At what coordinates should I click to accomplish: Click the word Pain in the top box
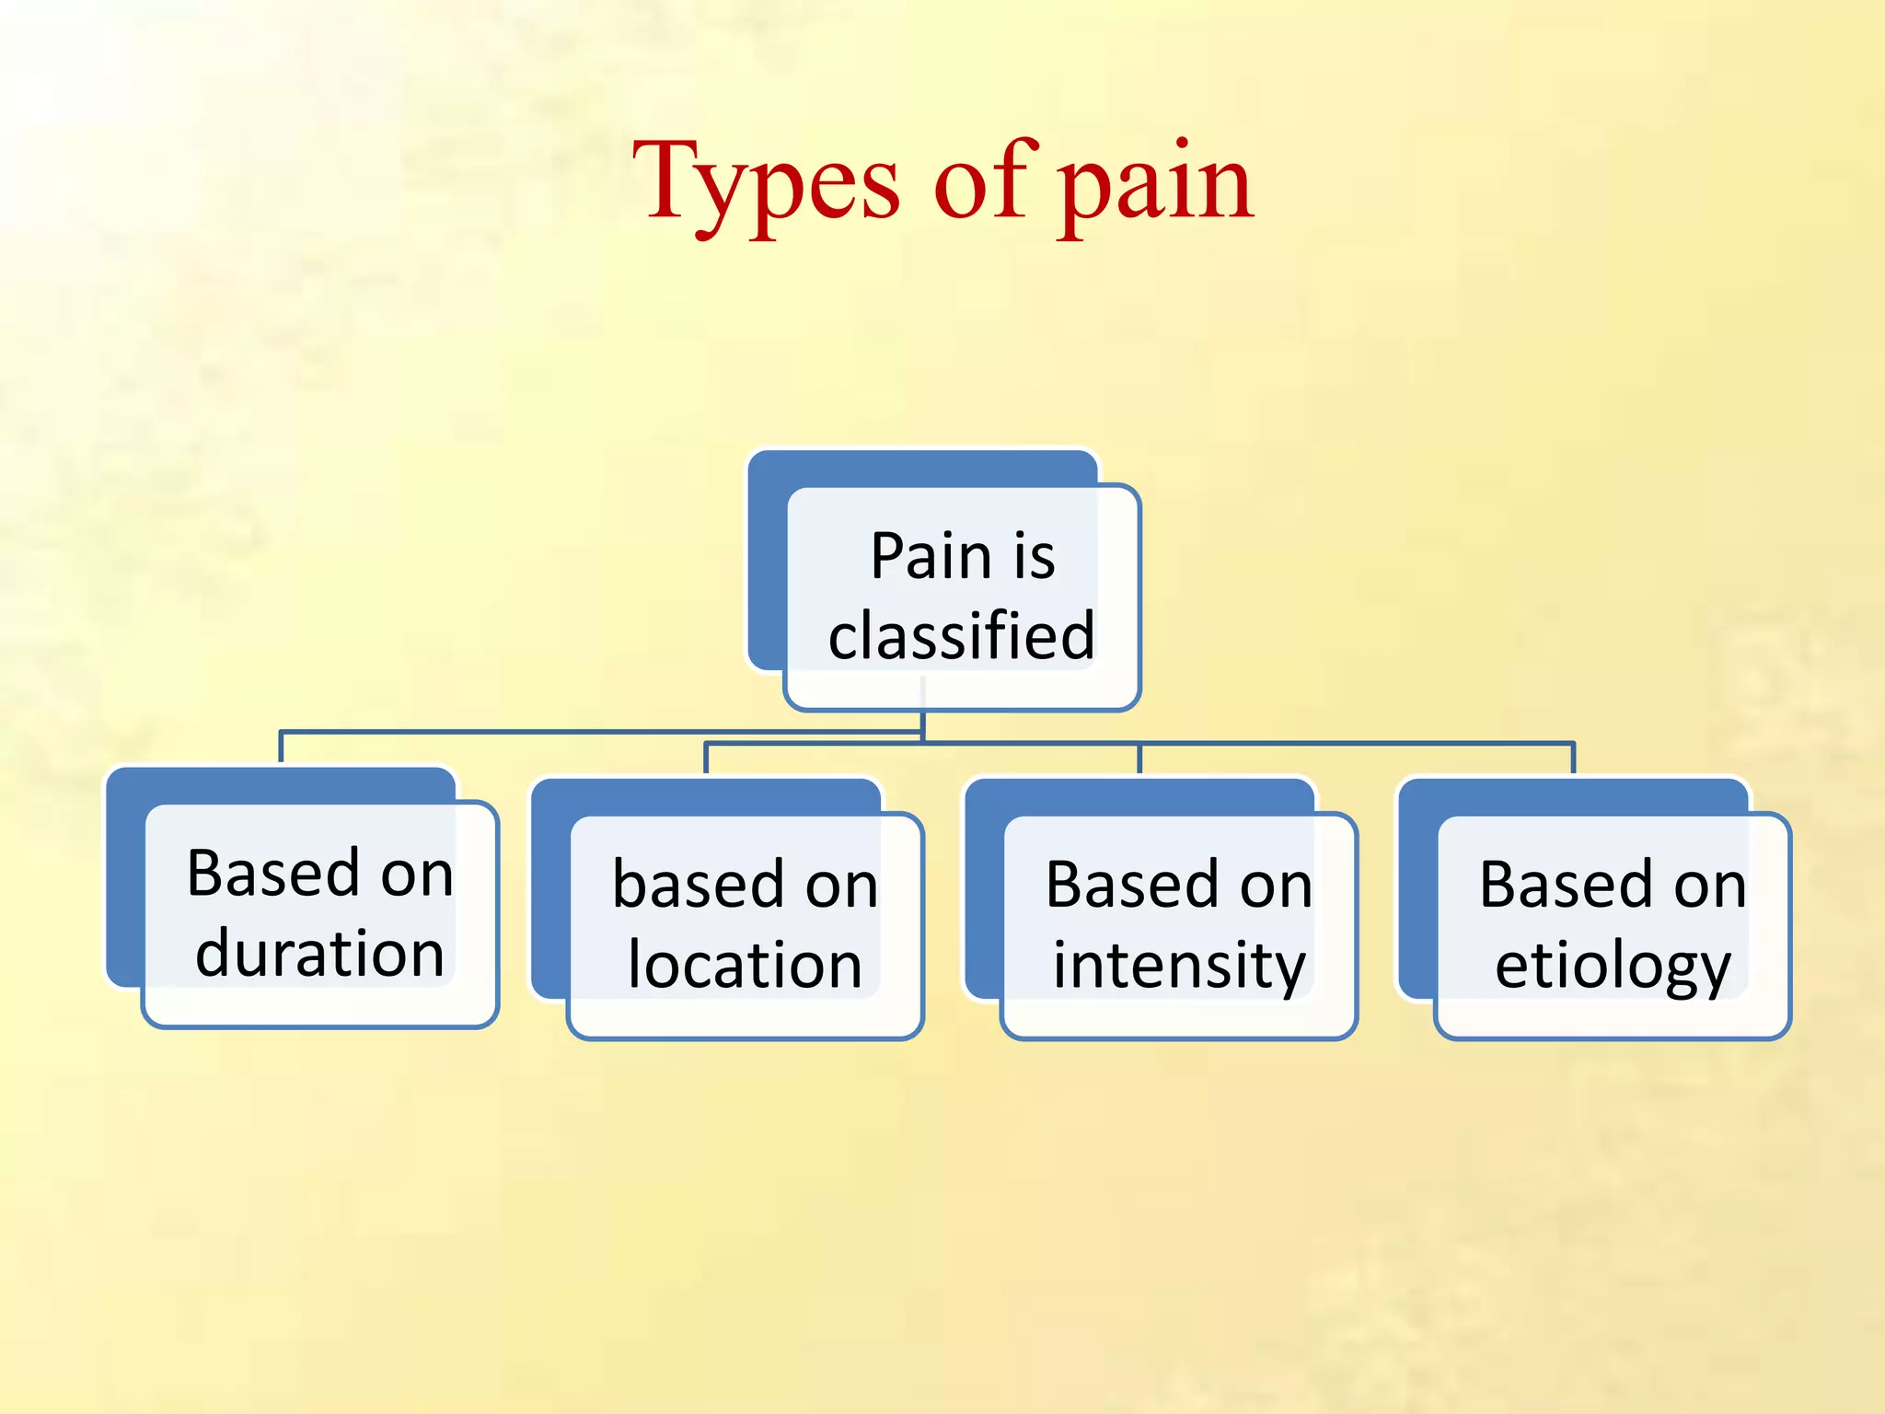pyautogui.click(x=931, y=556)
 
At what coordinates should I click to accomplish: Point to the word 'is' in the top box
pyautogui.click(x=1034, y=556)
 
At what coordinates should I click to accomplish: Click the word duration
pyautogui.click(x=320, y=953)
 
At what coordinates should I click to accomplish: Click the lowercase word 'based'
pyautogui.click(x=698, y=885)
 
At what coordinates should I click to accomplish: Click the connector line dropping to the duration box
pyautogui.click(x=281, y=748)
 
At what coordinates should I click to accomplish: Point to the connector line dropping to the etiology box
pyautogui.click(x=1573, y=758)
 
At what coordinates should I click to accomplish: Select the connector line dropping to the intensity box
pyautogui.click(x=1139, y=758)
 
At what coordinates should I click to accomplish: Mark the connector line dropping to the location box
pyautogui.click(x=706, y=758)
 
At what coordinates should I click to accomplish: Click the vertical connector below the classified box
pyautogui.click(x=922, y=722)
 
